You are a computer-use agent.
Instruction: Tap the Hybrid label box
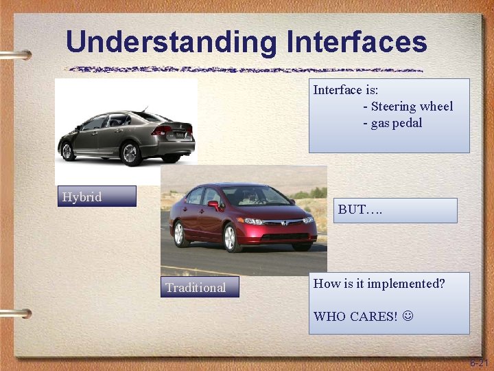[x=97, y=196]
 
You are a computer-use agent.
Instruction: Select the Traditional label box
[x=200, y=287]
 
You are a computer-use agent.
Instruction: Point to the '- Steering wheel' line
[x=408, y=106]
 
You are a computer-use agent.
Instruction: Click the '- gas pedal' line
[x=392, y=124]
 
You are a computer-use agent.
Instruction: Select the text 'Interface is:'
[x=346, y=90]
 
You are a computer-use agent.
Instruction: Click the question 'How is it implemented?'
[x=379, y=283]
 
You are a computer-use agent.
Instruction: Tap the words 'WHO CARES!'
[x=355, y=317]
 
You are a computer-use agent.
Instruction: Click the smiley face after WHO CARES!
[x=409, y=317]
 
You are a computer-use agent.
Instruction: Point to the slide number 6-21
[x=479, y=362]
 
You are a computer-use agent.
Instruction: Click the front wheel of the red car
[x=231, y=238]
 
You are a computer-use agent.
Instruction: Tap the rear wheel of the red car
[x=180, y=233]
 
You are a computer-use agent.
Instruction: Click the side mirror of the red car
[x=213, y=205]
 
